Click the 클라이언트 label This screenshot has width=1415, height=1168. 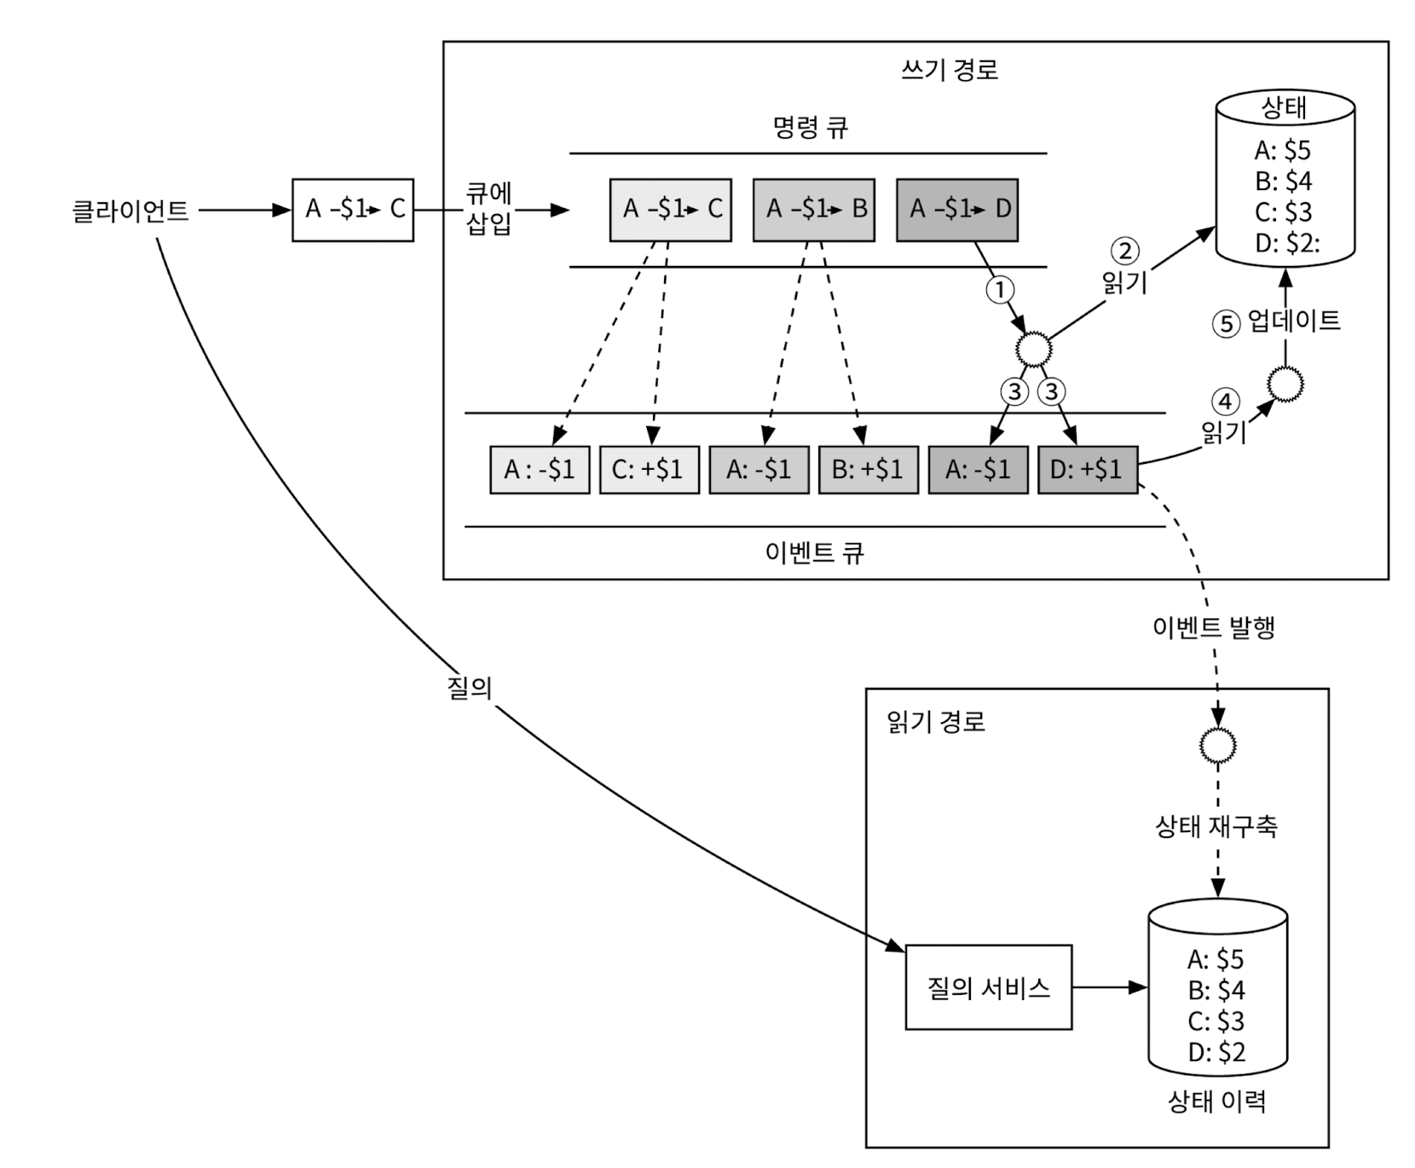(130, 211)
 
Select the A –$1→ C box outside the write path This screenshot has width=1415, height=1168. (353, 210)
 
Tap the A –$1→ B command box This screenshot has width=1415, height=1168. (814, 209)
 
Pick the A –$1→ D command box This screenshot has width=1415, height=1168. (957, 209)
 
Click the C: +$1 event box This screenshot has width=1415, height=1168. (649, 470)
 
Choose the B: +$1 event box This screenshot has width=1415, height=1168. (868, 470)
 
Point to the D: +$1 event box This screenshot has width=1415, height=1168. (1087, 470)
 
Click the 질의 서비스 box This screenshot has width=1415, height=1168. (988, 987)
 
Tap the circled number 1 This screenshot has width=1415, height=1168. (999, 290)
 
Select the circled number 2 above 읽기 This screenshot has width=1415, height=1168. (1124, 251)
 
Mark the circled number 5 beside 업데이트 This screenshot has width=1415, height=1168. (1226, 324)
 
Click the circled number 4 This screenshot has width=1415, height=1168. (1226, 402)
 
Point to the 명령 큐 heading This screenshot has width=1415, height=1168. (810, 128)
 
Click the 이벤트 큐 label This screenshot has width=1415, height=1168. (814, 552)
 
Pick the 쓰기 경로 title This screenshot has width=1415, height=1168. (949, 69)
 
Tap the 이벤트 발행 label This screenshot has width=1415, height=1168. (1213, 627)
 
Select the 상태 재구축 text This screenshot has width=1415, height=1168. (1216, 825)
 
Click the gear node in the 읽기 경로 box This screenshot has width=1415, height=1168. (1217, 745)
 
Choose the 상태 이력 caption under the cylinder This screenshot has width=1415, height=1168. (1216, 1102)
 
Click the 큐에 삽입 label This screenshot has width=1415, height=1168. (489, 209)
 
